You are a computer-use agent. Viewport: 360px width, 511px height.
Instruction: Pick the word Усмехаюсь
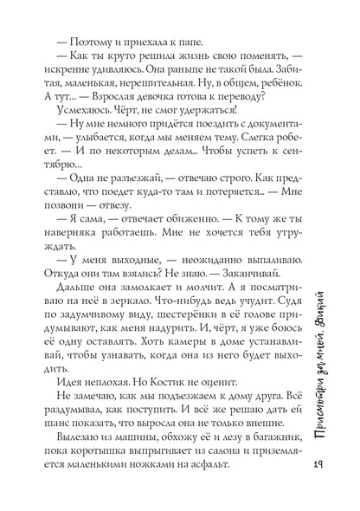click(87, 106)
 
